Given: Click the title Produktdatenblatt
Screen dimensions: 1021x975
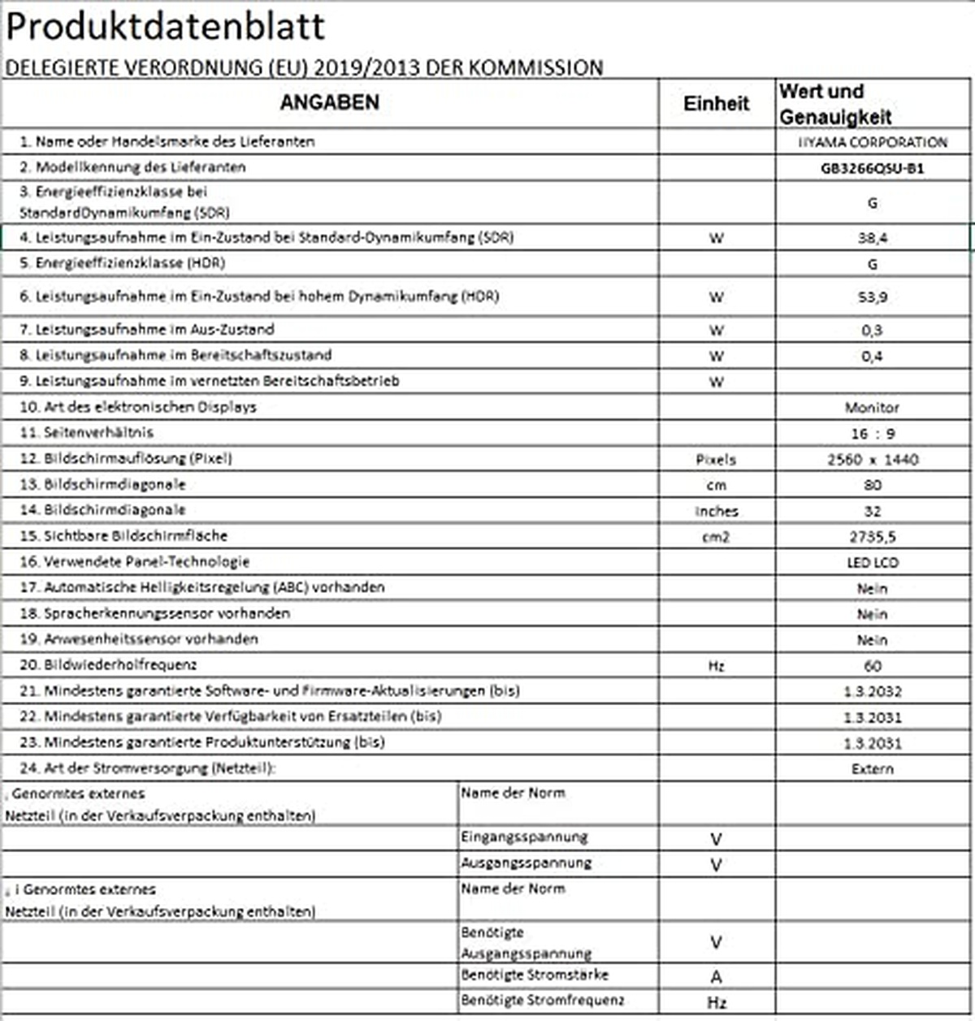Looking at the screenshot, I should [166, 26].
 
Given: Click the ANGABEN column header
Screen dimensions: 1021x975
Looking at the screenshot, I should [329, 102].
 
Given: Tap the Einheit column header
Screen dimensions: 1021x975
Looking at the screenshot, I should [716, 103].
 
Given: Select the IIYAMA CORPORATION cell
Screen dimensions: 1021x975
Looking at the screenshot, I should [872, 142].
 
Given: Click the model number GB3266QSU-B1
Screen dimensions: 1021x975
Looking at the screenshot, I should [872, 169].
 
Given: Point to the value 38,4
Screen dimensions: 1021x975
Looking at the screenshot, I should [872, 238].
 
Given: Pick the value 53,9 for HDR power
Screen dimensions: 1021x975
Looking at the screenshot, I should [872, 297].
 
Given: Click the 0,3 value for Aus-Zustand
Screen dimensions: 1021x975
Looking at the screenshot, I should [872, 331].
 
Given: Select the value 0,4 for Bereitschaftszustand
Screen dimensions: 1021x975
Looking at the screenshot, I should [872, 356].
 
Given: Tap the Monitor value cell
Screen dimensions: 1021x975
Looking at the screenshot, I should [872, 408].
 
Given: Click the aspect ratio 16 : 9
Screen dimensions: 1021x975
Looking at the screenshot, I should [872, 434].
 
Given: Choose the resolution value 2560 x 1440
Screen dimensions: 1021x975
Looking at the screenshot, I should [872, 460].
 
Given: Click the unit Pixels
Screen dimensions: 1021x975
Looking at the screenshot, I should [716, 460].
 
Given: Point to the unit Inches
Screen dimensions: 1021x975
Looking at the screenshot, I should [716, 511].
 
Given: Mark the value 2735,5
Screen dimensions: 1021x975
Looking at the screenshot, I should [872, 537].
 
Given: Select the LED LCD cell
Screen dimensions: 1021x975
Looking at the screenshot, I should [872, 562].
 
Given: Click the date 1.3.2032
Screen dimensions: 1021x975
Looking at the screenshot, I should [872, 692].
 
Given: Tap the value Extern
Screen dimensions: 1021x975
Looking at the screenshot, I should [872, 768].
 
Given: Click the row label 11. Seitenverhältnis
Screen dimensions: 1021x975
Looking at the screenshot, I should [87, 433].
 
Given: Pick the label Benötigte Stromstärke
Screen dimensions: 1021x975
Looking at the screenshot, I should [535, 975].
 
